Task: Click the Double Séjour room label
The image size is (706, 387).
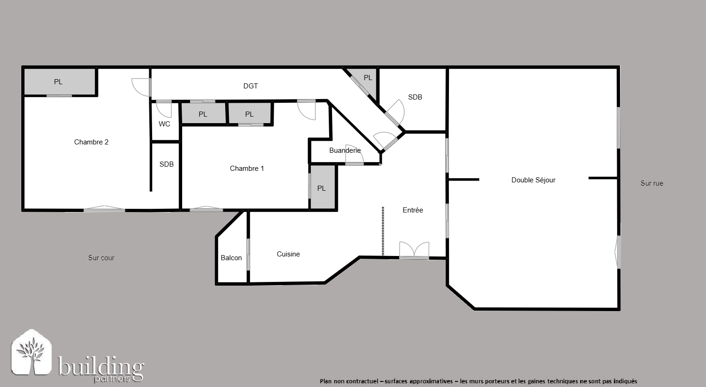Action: point(533,180)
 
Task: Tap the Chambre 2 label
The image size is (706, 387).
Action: point(91,142)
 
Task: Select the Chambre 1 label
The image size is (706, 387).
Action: point(247,169)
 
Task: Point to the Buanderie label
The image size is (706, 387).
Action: point(345,150)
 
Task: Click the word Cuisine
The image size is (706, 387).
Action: point(288,254)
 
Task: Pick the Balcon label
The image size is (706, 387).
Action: point(231,258)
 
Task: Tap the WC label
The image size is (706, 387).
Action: point(164,124)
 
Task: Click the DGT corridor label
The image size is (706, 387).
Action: point(251,86)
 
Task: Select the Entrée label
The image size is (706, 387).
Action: point(412,210)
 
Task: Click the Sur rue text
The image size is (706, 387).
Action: point(652,183)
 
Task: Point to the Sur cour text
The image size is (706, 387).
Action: point(101,258)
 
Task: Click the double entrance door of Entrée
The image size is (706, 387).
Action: point(414,250)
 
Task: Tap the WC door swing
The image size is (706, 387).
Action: point(164,109)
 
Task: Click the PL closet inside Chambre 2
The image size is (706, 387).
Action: point(60,82)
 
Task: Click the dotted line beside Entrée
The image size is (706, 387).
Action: point(383,231)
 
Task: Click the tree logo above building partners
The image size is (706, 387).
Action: point(31,352)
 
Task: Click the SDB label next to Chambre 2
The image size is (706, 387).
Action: point(166,164)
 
